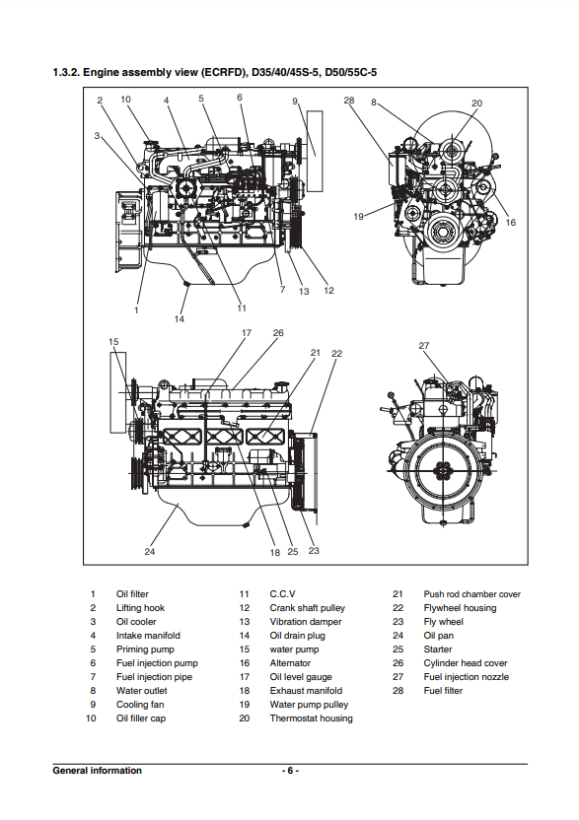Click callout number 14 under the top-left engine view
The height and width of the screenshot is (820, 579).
coord(180,319)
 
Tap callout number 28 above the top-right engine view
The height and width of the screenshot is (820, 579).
coord(349,101)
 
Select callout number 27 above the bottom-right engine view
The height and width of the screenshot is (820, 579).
coord(424,346)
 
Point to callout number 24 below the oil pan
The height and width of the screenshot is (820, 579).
coord(150,552)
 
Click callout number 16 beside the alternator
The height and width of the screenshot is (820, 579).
coord(510,223)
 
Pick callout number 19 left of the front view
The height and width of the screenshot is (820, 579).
coord(359,217)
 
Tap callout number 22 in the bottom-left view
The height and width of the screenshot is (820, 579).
coord(336,354)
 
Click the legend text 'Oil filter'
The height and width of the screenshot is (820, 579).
coord(132,594)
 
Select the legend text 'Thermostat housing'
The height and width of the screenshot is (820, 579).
coord(311,718)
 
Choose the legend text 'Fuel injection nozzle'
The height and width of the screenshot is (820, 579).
coord(466,677)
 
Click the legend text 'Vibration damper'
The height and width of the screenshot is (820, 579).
coord(306,622)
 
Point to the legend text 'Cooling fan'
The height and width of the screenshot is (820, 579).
coord(140,705)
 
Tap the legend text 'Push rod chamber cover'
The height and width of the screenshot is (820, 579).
coord(472,594)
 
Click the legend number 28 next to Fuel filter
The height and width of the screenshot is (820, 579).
coord(398,691)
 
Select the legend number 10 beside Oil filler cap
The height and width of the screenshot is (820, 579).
coord(91,718)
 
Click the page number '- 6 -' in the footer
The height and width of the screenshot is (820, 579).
coord(290,771)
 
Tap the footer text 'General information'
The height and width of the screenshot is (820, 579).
coord(98,771)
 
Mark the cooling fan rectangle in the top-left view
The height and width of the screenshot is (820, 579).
coord(315,151)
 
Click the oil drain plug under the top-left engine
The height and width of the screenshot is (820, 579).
coord(185,284)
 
